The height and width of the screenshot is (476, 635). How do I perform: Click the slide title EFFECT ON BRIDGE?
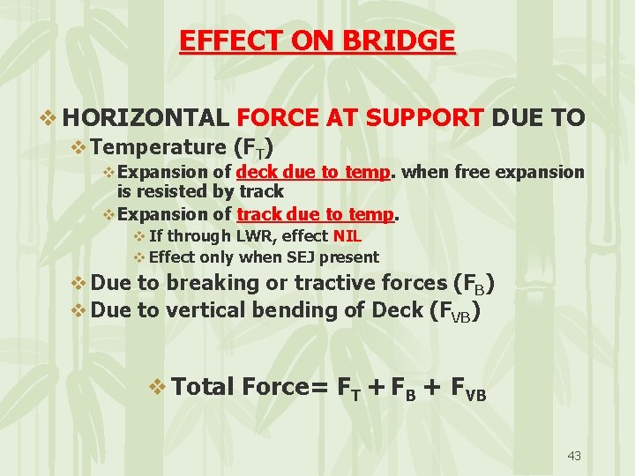[x=317, y=41]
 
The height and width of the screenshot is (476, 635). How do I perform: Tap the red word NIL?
[x=347, y=236]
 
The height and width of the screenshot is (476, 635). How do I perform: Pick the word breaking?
[x=207, y=283]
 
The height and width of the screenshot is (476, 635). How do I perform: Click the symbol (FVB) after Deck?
[x=452, y=310]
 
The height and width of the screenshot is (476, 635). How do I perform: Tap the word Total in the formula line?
[x=203, y=386]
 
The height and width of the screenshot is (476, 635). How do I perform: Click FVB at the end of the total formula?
[x=466, y=389]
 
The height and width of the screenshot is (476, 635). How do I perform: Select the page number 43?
[x=574, y=456]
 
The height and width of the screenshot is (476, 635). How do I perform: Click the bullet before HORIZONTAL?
[x=50, y=118]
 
